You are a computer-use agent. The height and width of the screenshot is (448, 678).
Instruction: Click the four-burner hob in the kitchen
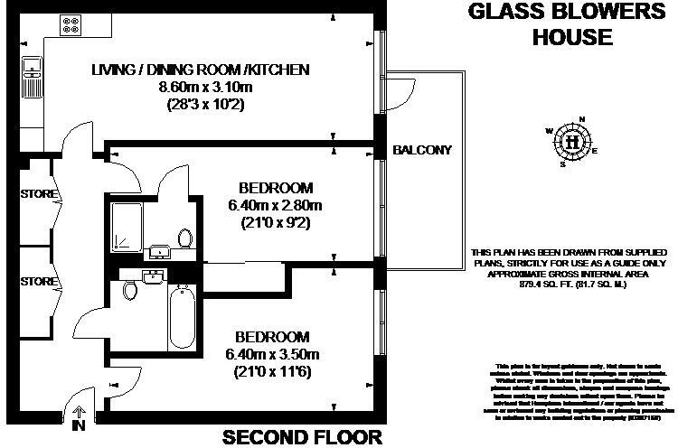(70, 25)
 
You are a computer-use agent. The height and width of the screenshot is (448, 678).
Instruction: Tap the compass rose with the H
(571, 142)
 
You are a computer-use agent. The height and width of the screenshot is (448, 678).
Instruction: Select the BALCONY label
(422, 150)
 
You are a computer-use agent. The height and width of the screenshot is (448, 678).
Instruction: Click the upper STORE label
(38, 194)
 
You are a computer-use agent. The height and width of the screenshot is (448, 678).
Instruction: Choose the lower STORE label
(38, 281)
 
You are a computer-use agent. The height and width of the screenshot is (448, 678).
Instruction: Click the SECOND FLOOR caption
(302, 437)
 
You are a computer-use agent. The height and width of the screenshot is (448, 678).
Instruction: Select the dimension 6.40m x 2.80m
(275, 205)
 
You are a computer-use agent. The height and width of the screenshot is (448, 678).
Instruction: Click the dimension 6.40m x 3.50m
(275, 353)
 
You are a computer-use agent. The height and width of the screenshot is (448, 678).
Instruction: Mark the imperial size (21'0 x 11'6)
(275, 371)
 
